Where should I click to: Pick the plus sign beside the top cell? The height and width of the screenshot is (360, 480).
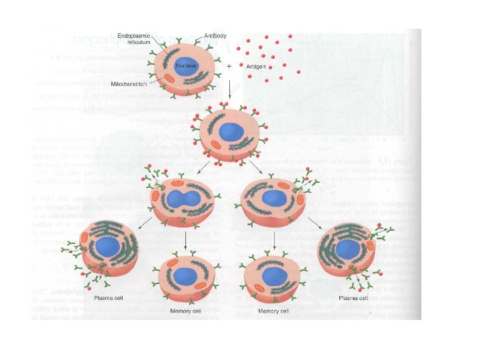pos(229,66)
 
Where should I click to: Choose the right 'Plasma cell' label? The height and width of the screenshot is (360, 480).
pos(355,298)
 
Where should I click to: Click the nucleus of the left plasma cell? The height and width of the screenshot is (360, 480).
pos(107,248)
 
